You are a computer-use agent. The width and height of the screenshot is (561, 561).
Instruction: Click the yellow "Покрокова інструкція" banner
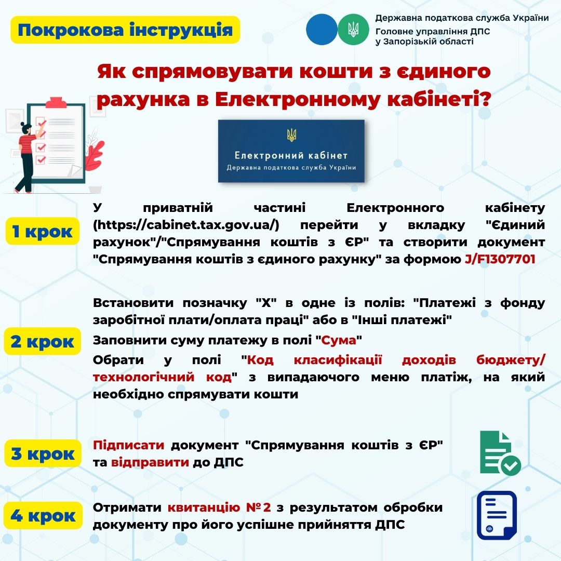click(125, 30)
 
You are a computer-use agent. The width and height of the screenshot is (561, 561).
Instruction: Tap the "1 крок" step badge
click(42, 231)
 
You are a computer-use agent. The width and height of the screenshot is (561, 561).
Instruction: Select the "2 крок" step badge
click(42, 341)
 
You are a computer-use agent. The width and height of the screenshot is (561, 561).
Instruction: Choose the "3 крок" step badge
click(43, 453)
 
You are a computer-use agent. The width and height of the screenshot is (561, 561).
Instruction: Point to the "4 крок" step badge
click(43, 516)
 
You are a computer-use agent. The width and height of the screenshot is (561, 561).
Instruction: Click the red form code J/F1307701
click(500, 259)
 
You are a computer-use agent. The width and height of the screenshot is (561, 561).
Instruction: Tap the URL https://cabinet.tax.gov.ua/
click(186, 225)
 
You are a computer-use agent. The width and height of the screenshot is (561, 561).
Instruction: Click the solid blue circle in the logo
click(322, 29)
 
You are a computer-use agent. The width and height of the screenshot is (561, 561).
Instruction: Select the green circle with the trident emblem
click(353, 29)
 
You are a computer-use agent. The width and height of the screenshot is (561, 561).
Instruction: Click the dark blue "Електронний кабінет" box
click(291, 151)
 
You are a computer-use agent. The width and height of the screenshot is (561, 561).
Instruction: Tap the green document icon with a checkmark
click(500, 453)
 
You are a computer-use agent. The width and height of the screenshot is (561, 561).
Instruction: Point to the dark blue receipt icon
click(497, 515)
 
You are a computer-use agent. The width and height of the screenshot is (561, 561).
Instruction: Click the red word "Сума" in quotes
click(339, 340)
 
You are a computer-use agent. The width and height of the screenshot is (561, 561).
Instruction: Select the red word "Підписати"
click(128, 445)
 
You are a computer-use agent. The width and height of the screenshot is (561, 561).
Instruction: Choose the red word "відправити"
click(150, 462)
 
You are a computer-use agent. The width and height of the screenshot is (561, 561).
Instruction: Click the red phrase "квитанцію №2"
click(219, 507)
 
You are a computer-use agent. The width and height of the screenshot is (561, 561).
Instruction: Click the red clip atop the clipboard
click(56, 103)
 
